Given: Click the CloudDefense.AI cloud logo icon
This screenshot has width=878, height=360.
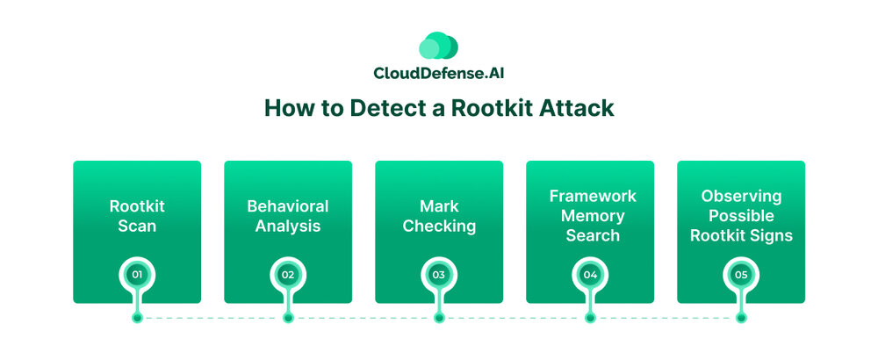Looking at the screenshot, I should point(438,47).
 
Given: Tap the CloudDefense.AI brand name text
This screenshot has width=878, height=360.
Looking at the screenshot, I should point(438,74).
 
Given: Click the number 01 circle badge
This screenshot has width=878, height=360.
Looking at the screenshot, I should point(137,275).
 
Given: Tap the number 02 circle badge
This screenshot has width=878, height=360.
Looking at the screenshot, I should point(288,275).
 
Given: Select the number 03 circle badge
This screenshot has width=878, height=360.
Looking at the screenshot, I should point(439,275).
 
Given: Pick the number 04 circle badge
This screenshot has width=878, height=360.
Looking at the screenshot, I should point(590,275).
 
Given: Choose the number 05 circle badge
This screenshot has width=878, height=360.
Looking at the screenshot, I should point(741,275).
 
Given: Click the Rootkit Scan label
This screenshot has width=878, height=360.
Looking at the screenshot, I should point(137,216).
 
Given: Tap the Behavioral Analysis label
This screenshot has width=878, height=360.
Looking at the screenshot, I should point(288,216).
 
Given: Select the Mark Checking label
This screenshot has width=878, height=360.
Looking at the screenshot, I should point(439,216).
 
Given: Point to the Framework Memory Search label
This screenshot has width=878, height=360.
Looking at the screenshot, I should point(590,215).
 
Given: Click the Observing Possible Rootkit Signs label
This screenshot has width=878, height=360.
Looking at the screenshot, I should point(741,215).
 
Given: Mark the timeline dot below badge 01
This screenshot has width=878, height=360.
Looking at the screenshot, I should point(137,318).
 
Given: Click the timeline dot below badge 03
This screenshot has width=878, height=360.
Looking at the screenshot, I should point(439,318).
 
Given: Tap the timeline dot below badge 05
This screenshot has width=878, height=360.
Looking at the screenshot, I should point(741,318).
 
